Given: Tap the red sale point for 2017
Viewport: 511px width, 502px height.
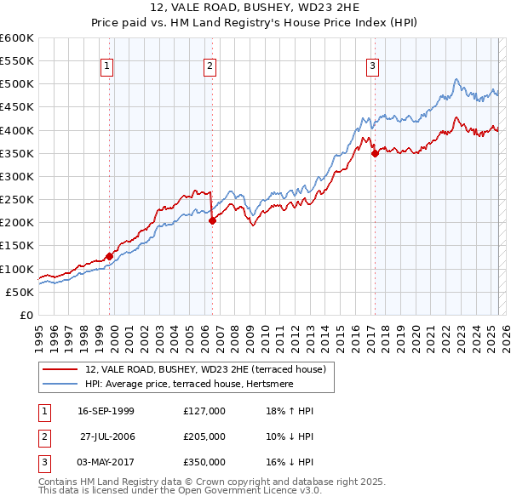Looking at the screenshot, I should (375, 154).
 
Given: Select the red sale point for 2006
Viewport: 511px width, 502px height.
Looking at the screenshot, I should (212, 220).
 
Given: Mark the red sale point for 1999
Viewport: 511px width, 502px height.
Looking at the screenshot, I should (110, 256).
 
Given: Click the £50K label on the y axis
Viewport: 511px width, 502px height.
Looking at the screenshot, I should (20, 292).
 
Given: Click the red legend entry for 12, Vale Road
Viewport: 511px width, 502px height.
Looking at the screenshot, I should (205, 369).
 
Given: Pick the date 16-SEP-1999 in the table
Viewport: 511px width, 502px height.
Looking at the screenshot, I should (106, 411).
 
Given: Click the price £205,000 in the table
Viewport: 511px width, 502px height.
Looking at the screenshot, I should (204, 436).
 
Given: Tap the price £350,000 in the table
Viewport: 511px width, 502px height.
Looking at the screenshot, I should (204, 462).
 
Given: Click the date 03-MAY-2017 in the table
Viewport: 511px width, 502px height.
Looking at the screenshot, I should (106, 462).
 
